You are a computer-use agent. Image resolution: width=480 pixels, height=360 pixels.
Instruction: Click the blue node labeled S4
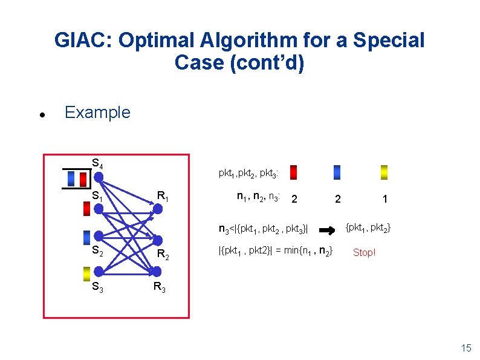click(x=99, y=177)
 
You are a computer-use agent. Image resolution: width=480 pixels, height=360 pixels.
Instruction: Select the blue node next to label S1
click(x=99, y=208)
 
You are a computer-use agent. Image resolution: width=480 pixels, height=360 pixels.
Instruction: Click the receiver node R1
click(x=157, y=209)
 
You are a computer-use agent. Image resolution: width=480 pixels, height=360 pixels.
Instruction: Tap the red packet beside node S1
click(x=86, y=208)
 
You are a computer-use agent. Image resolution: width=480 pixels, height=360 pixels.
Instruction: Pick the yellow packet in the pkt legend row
click(x=384, y=172)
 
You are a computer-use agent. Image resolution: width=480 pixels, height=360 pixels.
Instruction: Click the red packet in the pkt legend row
click(x=293, y=172)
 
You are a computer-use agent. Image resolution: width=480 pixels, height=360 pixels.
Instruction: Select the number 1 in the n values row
click(x=384, y=199)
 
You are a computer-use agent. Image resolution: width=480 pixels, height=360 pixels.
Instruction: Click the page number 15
click(x=465, y=347)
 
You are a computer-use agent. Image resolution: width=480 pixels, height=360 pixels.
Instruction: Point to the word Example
click(x=97, y=113)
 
